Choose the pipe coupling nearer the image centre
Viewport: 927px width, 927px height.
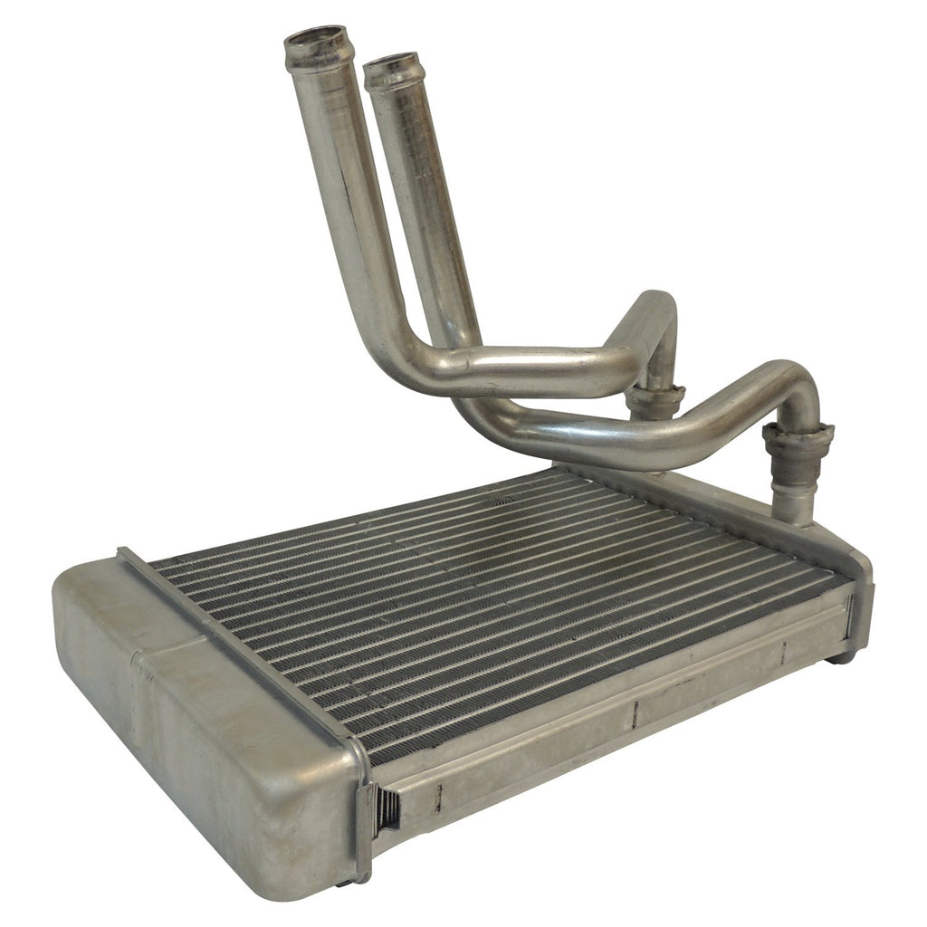[654, 401]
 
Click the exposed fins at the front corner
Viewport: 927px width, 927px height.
[387, 808]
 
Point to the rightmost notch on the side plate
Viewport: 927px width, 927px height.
[784, 649]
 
